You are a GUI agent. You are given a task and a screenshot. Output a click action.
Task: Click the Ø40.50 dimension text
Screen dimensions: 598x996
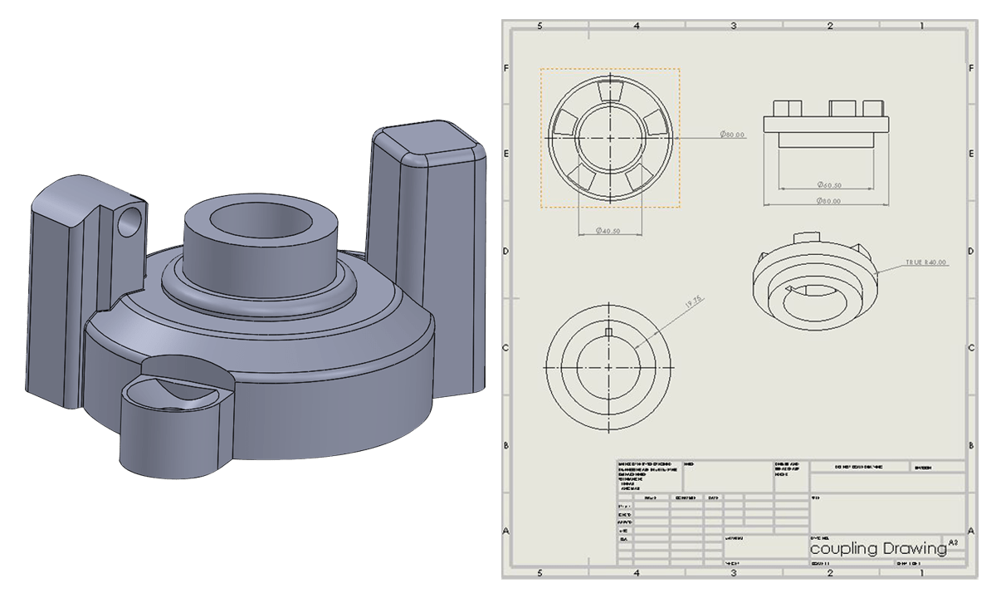pyautogui.click(x=609, y=231)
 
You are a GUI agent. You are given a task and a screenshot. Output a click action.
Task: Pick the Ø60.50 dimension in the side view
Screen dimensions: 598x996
pyautogui.click(x=829, y=184)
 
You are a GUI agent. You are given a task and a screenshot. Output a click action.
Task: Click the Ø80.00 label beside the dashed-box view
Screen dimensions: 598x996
pyautogui.click(x=732, y=135)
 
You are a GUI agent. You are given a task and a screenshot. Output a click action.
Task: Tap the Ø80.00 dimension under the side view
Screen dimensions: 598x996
pyautogui.click(x=828, y=201)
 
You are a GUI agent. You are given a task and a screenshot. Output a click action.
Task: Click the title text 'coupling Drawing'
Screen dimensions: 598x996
pyautogui.click(x=877, y=549)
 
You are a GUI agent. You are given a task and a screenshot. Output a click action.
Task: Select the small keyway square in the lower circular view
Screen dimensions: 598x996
pyautogui.click(x=610, y=332)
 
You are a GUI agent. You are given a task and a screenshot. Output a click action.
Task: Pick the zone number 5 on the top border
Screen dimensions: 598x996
pyautogui.click(x=540, y=26)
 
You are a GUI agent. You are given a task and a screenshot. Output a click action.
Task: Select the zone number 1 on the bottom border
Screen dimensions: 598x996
pyautogui.click(x=921, y=573)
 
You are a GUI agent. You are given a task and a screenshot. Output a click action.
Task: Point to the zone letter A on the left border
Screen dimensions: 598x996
pyautogui.click(x=506, y=530)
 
